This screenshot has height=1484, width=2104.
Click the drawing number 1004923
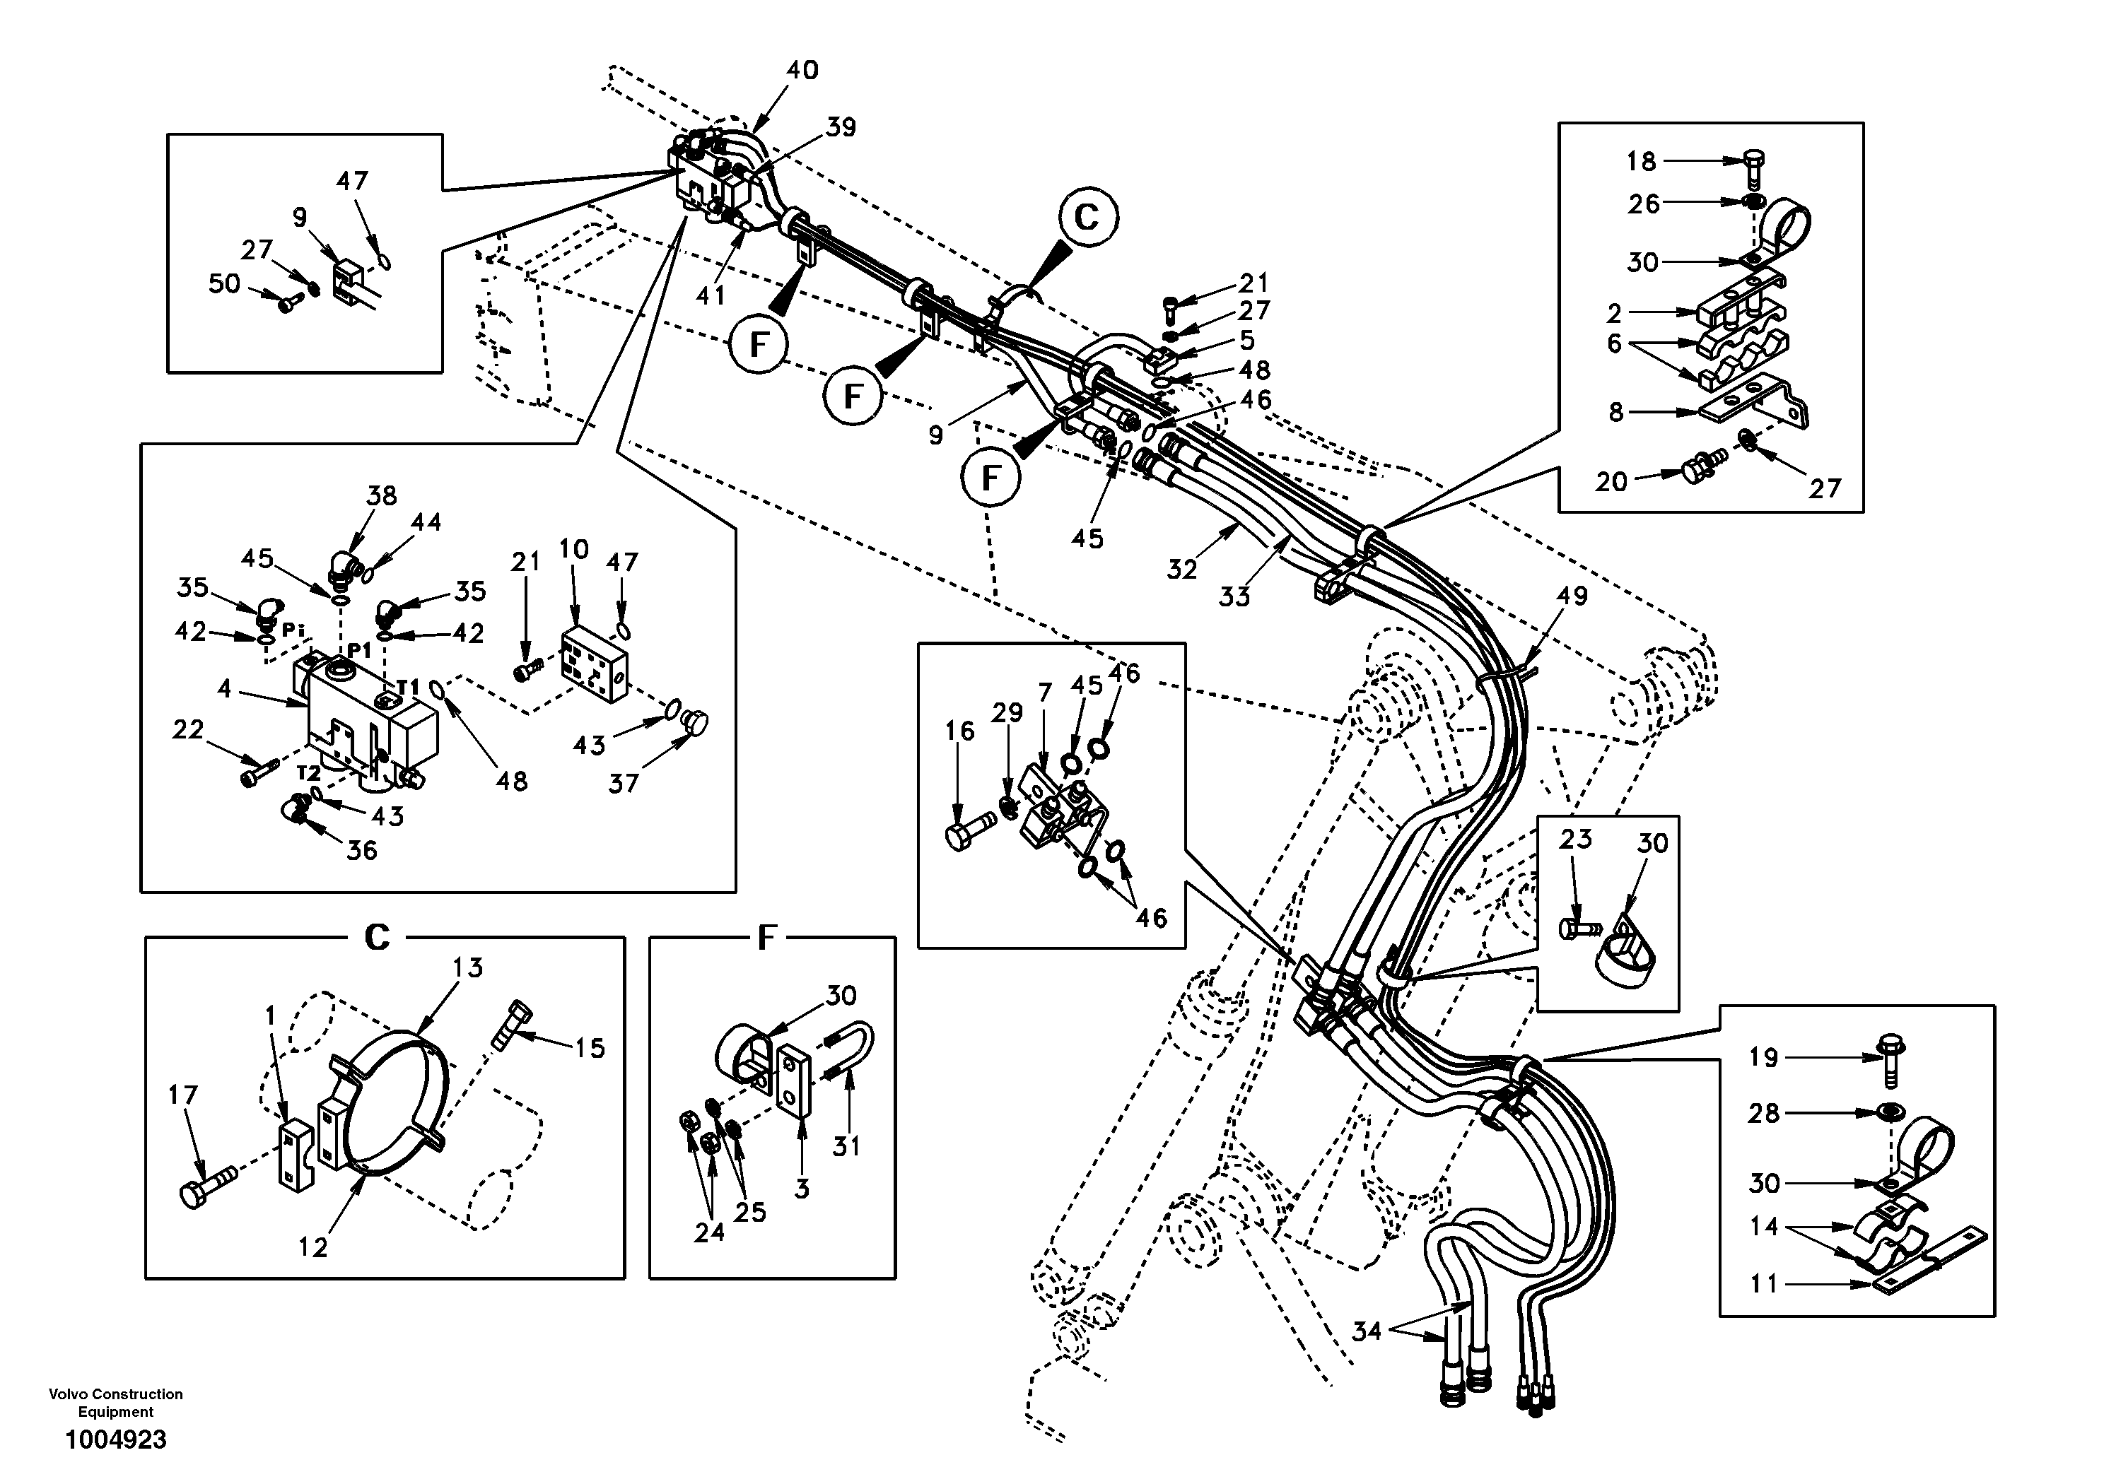point(115,1440)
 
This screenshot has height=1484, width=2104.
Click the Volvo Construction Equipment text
point(115,1403)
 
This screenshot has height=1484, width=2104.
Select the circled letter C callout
point(1087,218)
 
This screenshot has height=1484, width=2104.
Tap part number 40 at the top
point(802,71)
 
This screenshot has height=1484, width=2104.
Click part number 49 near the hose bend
point(1572,596)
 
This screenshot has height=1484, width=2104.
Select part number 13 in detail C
point(467,967)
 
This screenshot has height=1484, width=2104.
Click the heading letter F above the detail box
point(767,937)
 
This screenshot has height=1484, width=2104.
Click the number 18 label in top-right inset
point(1641,162)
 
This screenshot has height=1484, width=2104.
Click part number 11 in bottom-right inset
point(1763,1284)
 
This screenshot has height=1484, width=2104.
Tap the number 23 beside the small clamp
point(1575,838)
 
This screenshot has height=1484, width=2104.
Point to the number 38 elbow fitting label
point(381,495)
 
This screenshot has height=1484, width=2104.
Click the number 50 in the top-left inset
point(225,284)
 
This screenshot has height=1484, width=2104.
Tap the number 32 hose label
point(1181,570)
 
